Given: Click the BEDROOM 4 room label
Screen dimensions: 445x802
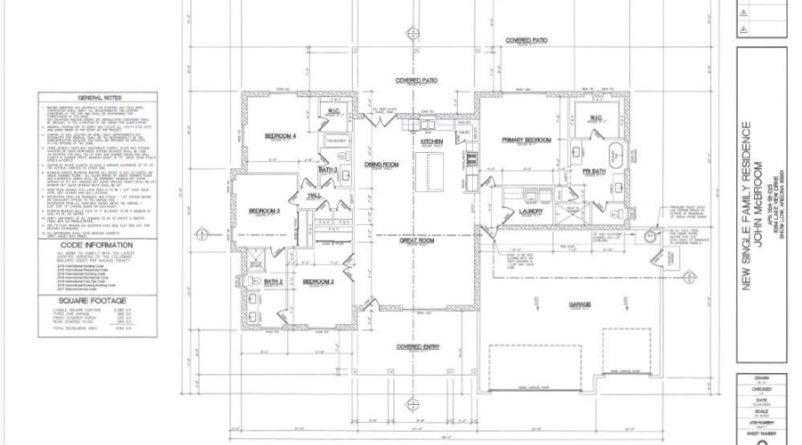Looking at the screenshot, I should [282, 136].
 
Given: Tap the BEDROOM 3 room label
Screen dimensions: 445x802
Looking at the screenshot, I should [265, 211].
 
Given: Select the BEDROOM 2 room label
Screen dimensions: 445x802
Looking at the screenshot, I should [318, 281].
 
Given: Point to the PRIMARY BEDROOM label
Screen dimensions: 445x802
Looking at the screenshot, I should [527, 140].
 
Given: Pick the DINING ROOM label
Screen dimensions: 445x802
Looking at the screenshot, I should [381, 165].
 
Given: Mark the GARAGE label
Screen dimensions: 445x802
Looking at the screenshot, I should [581, 304].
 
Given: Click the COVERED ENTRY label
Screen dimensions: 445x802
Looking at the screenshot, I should [416, 346].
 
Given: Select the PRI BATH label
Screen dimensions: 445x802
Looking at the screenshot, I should [593, 170].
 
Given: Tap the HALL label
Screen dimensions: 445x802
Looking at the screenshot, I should [315, 193].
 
